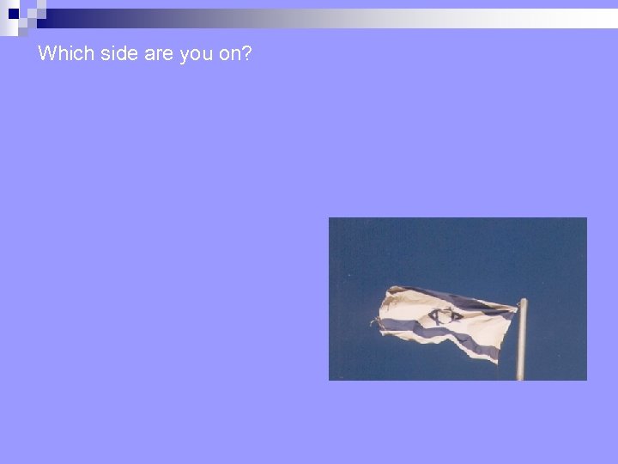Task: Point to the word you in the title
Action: click(x=196, y=54)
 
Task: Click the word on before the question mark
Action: click(x=228, y=54)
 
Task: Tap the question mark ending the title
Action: click(x=247, y=53)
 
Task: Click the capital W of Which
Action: click(x=45, y=53)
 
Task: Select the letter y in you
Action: click(x=184, y=55)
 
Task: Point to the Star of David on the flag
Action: click(x=445, y=316)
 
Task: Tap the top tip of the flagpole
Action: click(x=522, y=302)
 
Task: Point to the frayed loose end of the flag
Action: click(x=375, y=322)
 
